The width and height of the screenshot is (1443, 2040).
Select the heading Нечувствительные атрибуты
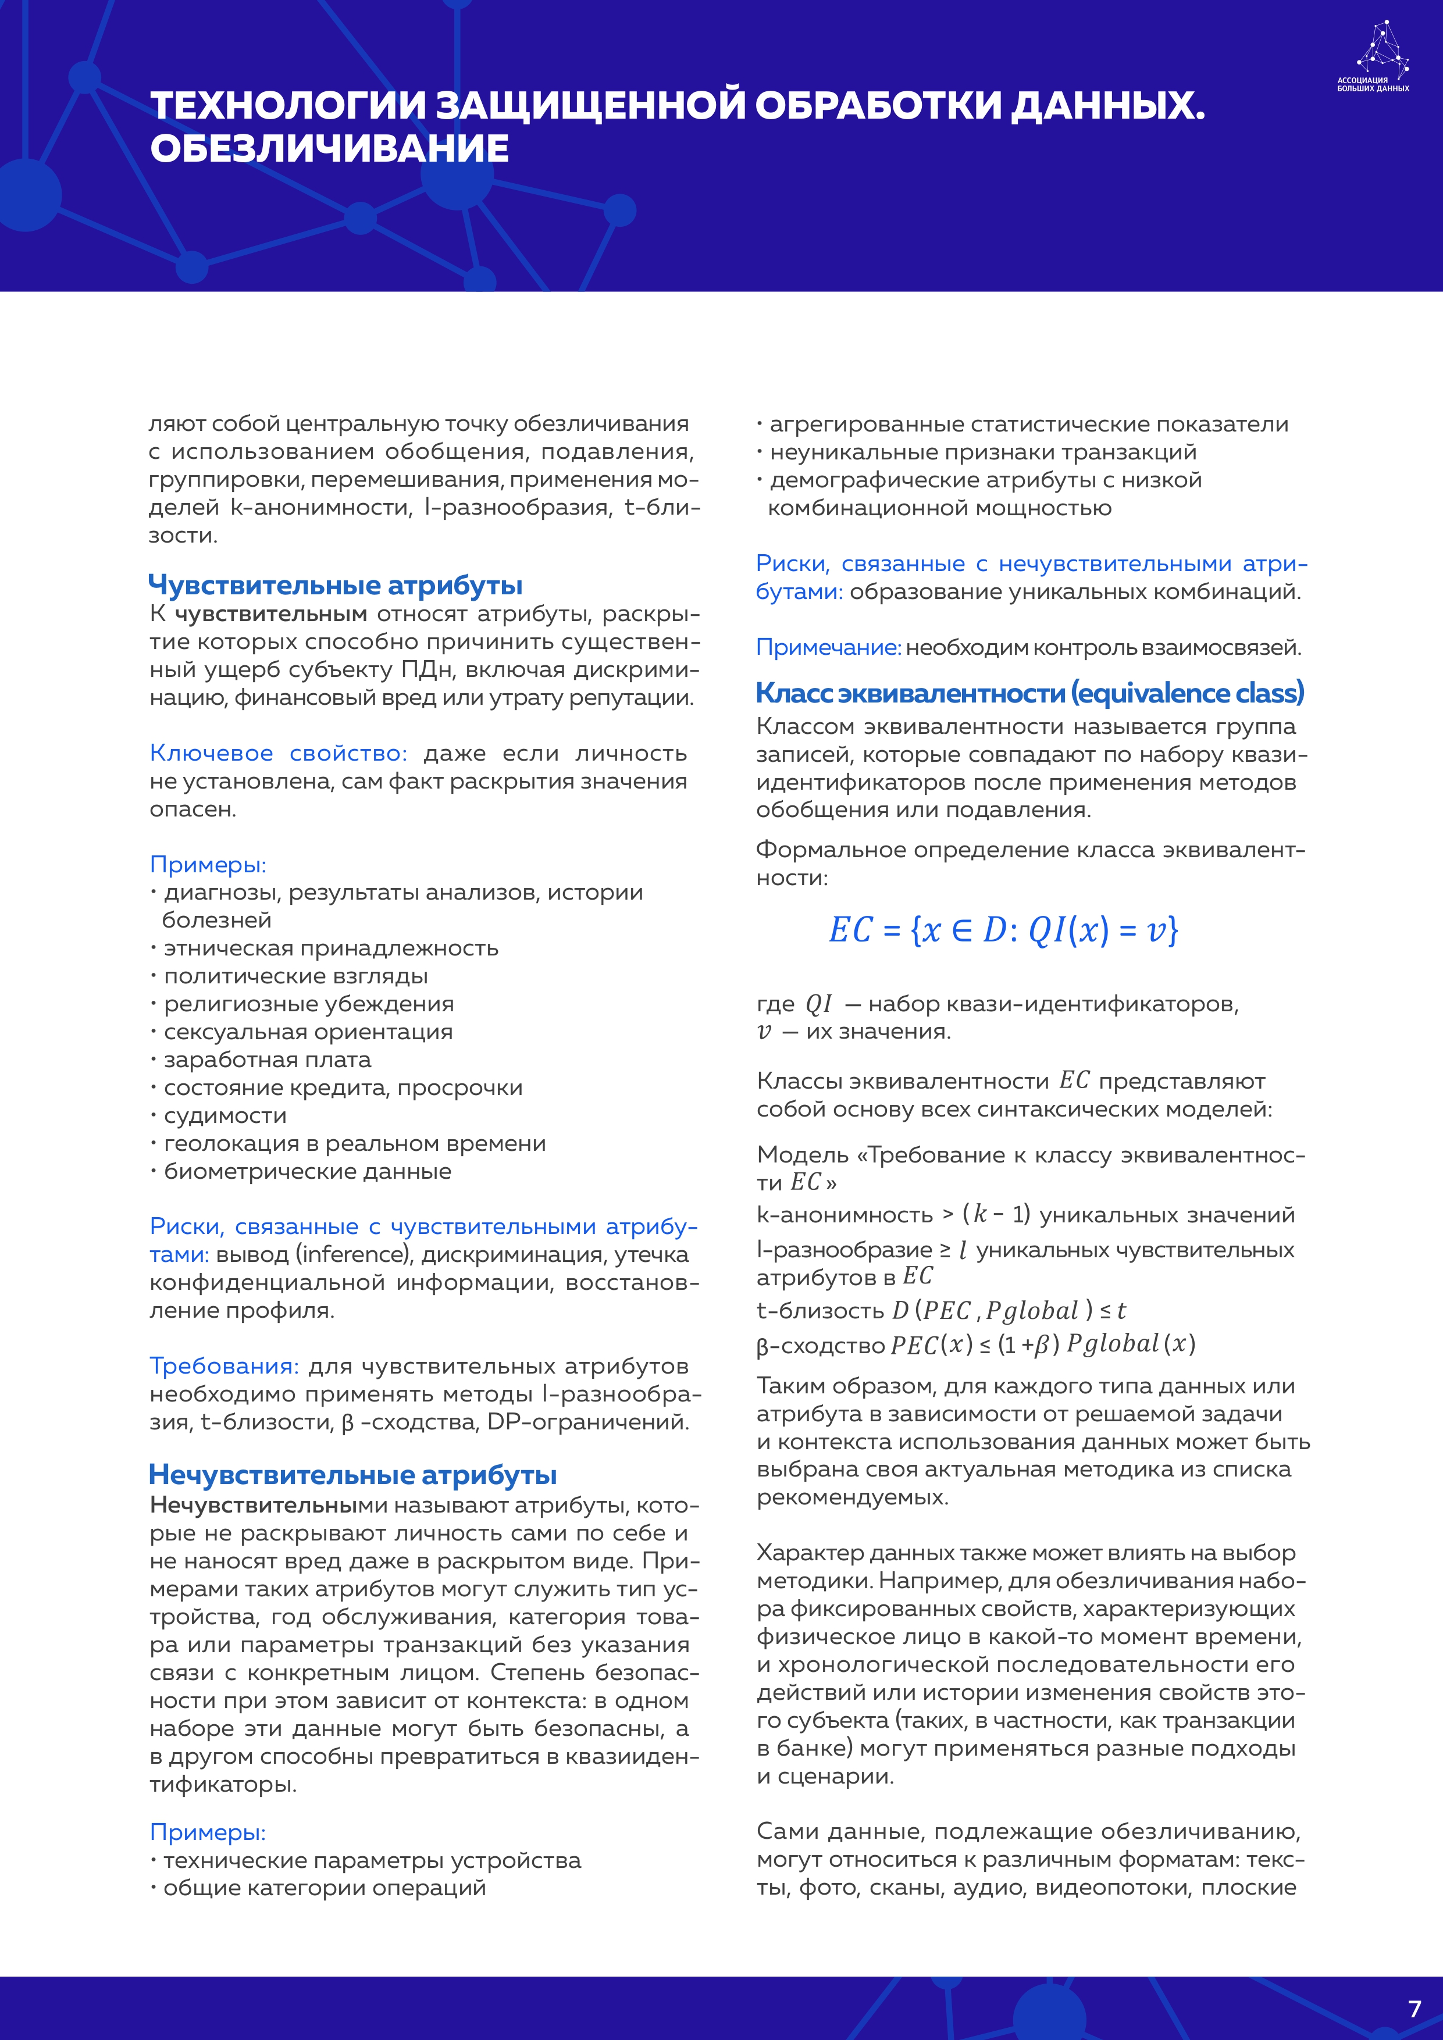click(x=353, y=1474)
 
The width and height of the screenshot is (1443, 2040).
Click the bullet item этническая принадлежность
click(x=330, y=948)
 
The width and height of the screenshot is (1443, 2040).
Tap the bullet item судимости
click(x=225, y=1115)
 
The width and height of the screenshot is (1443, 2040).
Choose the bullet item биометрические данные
click(x=308, y=1171)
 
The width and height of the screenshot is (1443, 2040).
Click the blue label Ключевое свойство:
click(x=278, y=754)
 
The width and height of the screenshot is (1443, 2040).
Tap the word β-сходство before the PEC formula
click(x=820, y=1345)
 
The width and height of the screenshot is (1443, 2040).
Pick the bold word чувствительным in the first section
click(x=271, y=614)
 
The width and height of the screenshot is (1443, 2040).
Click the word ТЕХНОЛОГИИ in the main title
click(x=289, y=106)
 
